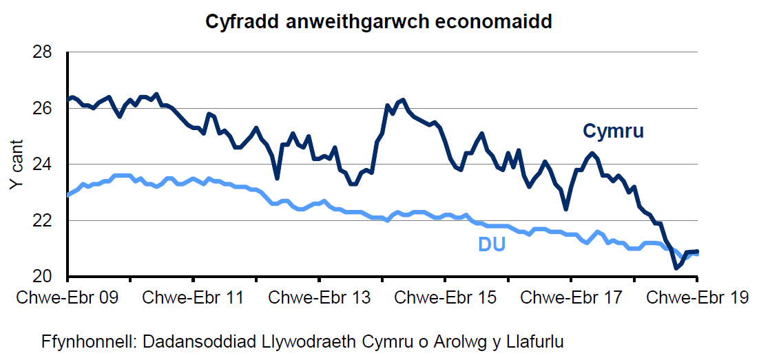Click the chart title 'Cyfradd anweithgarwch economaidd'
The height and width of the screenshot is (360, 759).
point(379,22)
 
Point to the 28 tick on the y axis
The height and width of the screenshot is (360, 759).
point(50,52)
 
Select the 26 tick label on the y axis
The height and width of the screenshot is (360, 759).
point(50,109)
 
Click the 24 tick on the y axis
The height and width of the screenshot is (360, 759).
point(50,165)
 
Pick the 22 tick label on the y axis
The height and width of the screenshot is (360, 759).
point(50,221)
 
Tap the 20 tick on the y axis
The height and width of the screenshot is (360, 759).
point(50,277)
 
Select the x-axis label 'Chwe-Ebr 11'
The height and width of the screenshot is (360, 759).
point(194,298)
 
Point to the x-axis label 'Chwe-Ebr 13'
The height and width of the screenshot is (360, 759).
point(320,298)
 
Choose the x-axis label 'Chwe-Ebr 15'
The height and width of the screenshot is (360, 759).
point(445,298)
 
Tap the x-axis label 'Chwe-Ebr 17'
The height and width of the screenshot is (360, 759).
point(571,298)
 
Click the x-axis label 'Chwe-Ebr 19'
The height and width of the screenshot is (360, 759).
point(696,298)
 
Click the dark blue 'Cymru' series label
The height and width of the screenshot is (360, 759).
point(613,131)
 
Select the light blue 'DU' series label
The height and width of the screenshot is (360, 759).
point(492,244)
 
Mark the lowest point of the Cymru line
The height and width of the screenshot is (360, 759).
point(676,268)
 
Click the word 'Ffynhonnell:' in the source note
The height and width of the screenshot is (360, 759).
point(83,341)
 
